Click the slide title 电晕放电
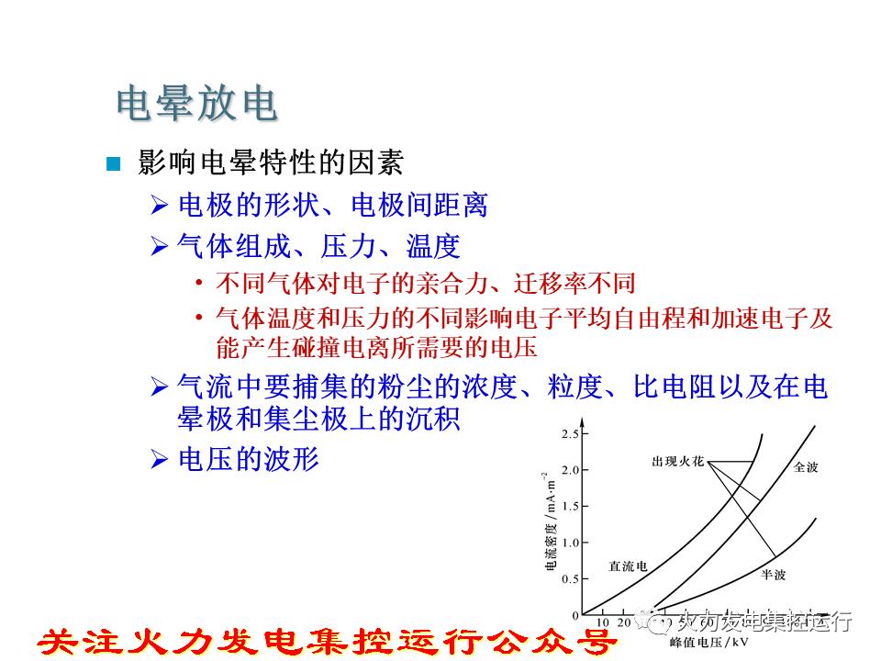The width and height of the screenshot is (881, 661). [196, 105]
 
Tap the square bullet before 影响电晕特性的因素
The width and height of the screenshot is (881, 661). [114, 165]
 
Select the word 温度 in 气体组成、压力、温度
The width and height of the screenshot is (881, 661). [432, 246]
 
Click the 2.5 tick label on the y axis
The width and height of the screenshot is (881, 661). [571, 433]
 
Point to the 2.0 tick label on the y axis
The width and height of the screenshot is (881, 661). [571, 470]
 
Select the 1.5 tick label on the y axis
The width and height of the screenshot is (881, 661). [571, 506]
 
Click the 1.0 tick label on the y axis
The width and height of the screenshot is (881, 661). [571, 543]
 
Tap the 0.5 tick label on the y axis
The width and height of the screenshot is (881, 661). [571, 578]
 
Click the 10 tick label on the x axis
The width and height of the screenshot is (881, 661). [603, 622]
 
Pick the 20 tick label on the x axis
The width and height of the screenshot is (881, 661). [624, 622]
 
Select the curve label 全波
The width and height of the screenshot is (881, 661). [805, 468]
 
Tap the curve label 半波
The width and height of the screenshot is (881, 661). [772, 574]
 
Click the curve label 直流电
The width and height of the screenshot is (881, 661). [628, 566]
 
